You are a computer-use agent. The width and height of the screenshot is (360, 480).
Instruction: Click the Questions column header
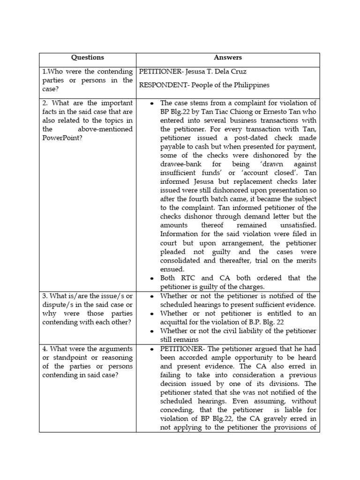point(87,58)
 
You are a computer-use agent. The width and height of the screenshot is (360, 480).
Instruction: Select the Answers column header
point(228,58)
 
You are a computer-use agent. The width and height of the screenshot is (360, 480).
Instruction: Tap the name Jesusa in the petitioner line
point(189,72)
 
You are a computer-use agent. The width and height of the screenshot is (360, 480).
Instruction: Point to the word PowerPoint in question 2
point(63,138)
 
